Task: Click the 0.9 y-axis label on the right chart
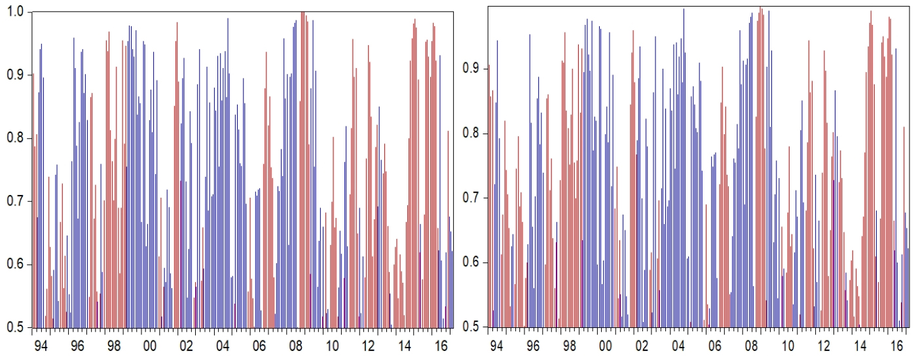click(471, 69)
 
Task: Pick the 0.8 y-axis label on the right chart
click(471, 134)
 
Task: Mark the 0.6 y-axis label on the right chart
click(471, 262)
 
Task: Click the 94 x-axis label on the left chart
click(40, 345)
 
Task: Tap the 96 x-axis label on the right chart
click(533, 345)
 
